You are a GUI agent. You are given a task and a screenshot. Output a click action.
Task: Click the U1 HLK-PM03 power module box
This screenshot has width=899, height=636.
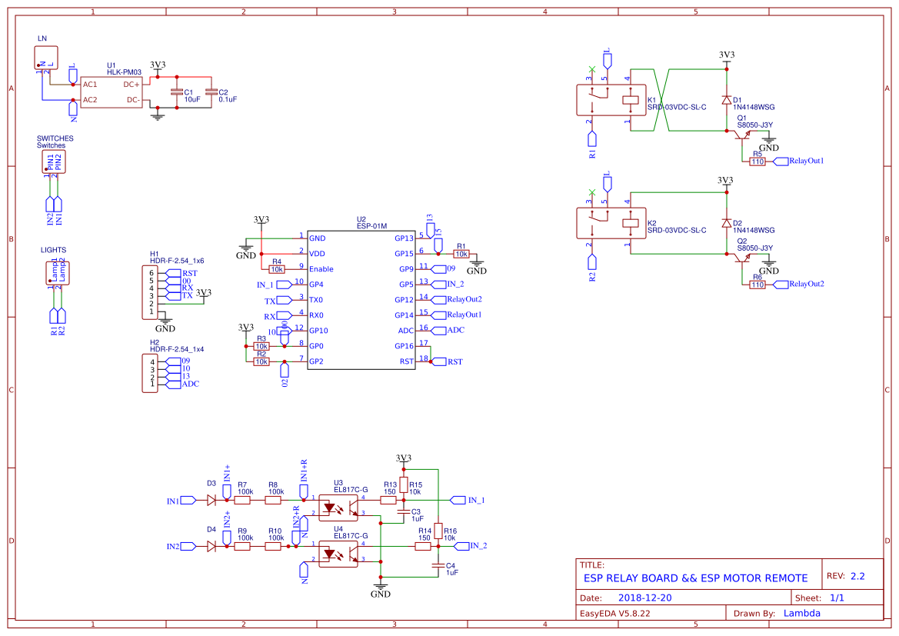pos(112,92)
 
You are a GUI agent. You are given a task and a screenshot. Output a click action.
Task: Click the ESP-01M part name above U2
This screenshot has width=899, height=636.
pos(371,226)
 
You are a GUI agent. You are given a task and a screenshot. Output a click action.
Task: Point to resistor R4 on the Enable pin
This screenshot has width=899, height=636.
pos(277,269)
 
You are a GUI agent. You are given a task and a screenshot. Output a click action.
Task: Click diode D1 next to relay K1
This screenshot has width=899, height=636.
pos(726,100)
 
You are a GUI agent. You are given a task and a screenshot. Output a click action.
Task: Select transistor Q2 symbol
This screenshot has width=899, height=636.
pos(742,259)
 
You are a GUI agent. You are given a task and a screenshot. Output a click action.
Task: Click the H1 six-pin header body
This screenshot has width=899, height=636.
pos(149,292)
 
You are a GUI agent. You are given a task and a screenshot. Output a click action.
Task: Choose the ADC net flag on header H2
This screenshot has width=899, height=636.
pos(188,384)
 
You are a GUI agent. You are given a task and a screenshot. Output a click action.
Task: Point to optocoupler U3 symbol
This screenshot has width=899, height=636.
pos(338,506)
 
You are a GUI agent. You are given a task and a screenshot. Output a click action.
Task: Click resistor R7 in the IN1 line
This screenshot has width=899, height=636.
pos(242,500)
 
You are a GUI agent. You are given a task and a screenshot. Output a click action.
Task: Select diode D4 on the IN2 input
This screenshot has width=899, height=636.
pos(211,546)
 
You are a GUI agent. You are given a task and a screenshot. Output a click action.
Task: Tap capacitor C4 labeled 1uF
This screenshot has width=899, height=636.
pos(438,566)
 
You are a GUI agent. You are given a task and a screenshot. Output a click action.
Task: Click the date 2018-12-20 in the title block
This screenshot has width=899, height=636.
pos(644,598)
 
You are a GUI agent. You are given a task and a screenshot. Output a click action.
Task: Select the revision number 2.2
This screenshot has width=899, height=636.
pos(857,576)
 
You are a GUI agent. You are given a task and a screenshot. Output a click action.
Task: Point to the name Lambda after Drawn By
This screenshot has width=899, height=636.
pos(801,614)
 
